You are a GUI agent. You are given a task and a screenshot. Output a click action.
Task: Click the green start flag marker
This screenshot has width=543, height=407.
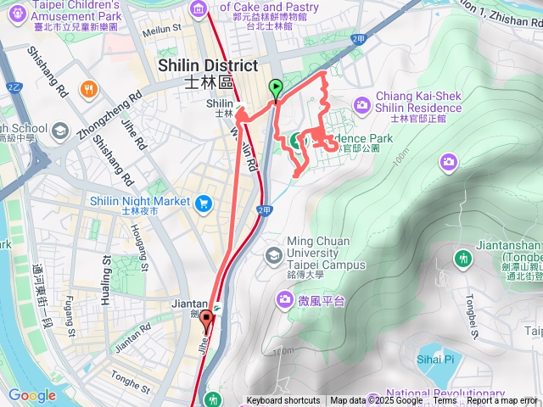(276, 87)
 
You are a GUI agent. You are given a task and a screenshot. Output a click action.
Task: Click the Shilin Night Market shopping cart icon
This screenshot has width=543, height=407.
(203, 203)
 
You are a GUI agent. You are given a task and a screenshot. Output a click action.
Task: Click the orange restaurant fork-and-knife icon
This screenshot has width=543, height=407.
(87, 89)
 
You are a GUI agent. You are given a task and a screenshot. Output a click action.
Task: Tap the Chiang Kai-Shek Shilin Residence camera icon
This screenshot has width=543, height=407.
(362, 104)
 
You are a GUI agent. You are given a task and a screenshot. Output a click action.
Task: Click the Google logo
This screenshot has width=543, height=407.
(31, 395)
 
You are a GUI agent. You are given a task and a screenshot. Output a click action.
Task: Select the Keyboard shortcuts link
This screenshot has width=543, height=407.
(283, 401)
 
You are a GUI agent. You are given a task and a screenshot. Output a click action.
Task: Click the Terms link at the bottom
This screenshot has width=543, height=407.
(445, 401)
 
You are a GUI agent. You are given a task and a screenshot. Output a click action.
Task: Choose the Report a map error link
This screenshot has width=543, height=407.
(502, 401)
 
